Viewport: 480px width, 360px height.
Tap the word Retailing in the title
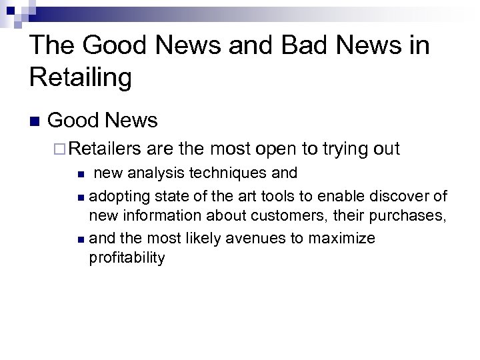tap(81, 77)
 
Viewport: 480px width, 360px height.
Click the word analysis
tap(153, 173)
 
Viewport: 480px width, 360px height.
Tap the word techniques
tap(229, 173)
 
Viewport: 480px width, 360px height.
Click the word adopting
tap(119, 196)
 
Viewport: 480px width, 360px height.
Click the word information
tap(155, 217)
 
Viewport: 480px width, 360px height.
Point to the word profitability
tap(127, 258)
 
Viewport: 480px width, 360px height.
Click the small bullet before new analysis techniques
tap(80, 174)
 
